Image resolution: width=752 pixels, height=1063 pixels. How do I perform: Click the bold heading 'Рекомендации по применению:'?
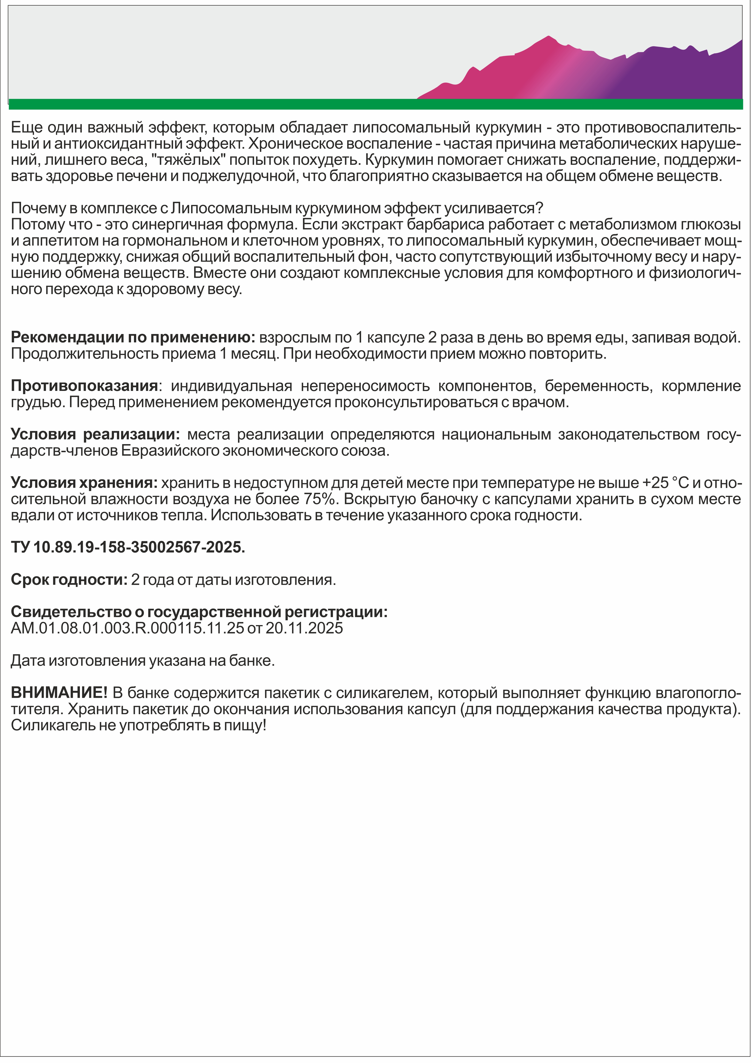(133, 337)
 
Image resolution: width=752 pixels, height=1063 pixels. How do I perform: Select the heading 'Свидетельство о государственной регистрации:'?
(199, 612)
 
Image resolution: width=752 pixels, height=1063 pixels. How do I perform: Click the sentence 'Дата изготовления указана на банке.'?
(143, 661)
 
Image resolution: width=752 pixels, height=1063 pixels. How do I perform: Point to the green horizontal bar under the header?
(375, 104)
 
